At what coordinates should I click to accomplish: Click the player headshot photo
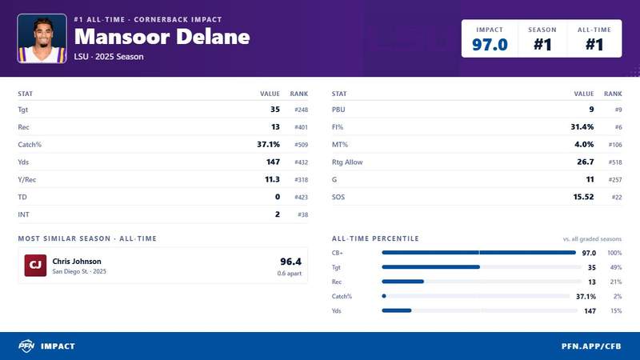[x=42, y=38]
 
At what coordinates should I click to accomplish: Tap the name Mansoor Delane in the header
[x=162, y=37]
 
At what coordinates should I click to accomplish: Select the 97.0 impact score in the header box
[x=490, y=45]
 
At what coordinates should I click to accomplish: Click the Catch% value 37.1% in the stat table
[x=268, y=145]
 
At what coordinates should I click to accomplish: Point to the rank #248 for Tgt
[x=302, y=110]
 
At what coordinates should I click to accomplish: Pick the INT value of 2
[x=278, y=214]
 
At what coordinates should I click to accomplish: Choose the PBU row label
[x=338, y=110]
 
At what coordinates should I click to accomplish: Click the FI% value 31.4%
[x=582, y=127]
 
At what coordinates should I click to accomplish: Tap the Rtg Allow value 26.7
[x=586, y=162]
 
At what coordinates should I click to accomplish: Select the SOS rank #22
[x=617, y=197]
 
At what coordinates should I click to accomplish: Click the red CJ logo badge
[x=35, y=266]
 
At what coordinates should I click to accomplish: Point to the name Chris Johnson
[x=77, y=262]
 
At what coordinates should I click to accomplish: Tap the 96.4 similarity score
[x=290, y=262]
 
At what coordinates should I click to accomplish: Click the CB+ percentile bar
[x=478, y=253]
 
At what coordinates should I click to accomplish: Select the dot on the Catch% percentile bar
[x=384, y=296]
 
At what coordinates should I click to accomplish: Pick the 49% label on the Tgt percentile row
[x=616, y=267]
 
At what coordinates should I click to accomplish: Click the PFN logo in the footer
[x=26, y=346]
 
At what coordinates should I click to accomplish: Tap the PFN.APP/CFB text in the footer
[x=591, y=346]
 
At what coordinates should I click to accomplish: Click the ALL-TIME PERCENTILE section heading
[x=375, y=238]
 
